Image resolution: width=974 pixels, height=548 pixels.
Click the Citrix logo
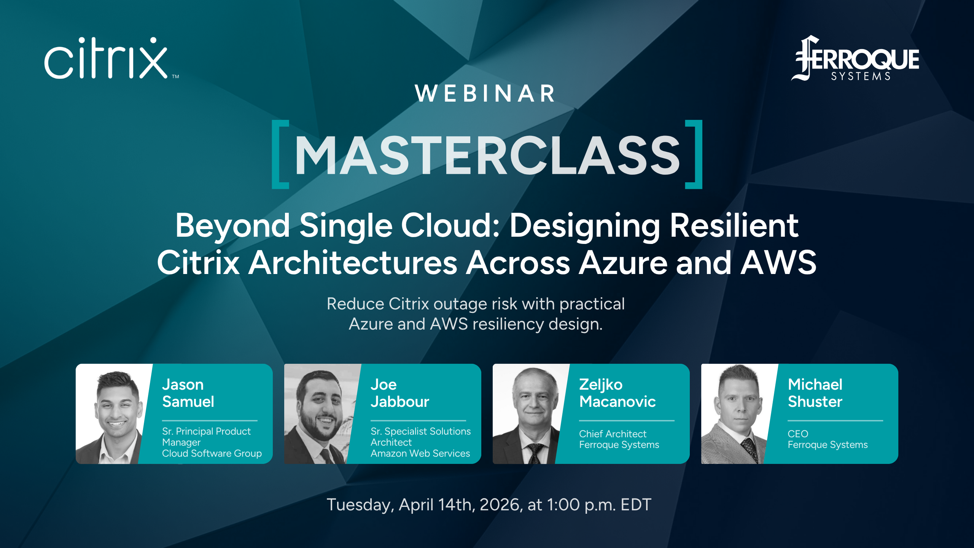[107, 59]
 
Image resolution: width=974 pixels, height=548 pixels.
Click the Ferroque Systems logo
[856, 59]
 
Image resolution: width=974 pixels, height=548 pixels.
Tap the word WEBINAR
[485, 94]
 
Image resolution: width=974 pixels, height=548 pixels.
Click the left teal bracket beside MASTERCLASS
[280, 154]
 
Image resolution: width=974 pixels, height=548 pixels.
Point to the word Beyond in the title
[232, 226]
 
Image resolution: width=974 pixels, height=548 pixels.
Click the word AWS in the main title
[778, 263]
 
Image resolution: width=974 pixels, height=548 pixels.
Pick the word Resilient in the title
[734, 226]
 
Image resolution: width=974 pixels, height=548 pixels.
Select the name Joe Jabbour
[399, 393]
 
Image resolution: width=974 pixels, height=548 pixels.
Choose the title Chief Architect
[613, 434]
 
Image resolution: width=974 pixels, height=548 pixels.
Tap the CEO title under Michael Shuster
[798, 434]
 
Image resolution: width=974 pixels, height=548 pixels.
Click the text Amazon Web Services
[420, 453]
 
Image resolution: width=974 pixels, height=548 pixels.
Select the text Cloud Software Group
[212, 453]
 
